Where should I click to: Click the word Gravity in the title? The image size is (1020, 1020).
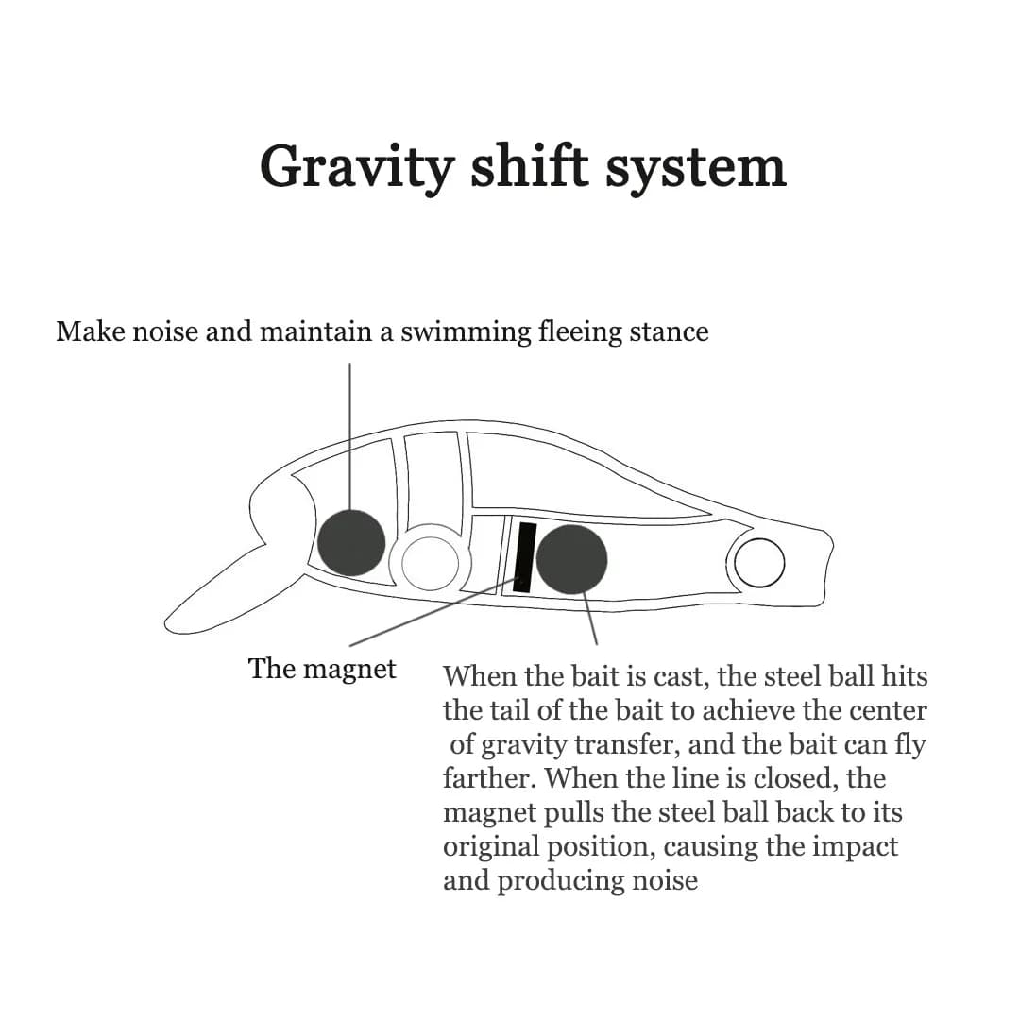356,168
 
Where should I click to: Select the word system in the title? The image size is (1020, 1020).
695,170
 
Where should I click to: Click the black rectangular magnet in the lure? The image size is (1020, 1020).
525,557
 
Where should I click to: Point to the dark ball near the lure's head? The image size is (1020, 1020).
351,542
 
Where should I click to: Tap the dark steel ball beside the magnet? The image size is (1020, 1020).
571,559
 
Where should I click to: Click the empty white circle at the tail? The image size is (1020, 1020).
759,563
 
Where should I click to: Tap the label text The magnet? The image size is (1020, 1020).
322,670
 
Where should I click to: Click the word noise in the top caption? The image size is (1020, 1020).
165,331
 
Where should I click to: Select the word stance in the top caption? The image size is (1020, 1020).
669,331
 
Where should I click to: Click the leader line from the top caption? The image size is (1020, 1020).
350,435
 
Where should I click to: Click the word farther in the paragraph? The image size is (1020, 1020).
489,778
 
